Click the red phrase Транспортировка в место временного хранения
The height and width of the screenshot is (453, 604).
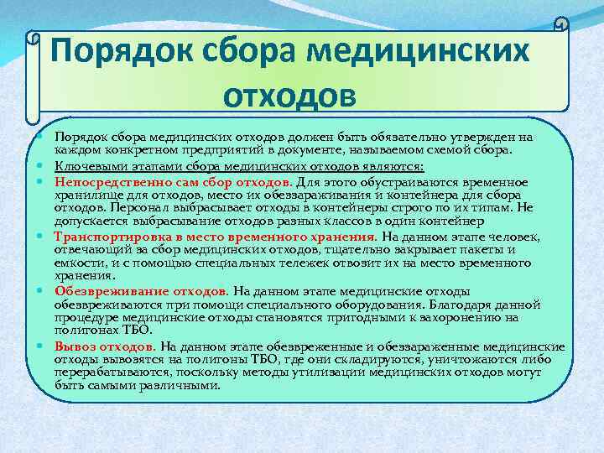coord(216,237)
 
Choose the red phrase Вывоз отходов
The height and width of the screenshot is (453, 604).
coord(104,346)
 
